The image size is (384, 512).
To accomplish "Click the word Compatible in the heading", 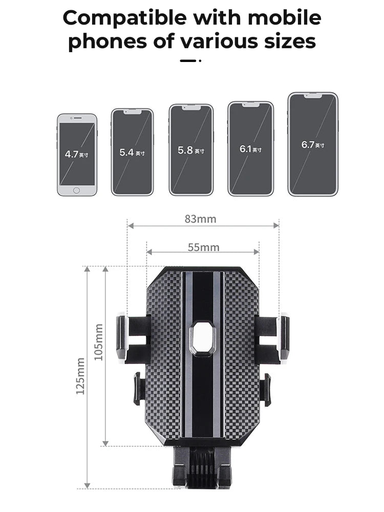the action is pyautogui.click(x=124, y=18).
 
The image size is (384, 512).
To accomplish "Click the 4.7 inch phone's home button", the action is pyautogui.click(x=76, y=190).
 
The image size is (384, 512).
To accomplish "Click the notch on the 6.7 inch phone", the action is pyautogui.click(x=313, y=96).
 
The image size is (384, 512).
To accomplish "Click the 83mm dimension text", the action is pyautogui.click(x=201, y=219).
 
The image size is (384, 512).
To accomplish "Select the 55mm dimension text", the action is pyautogui.click(x=203, y=247).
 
